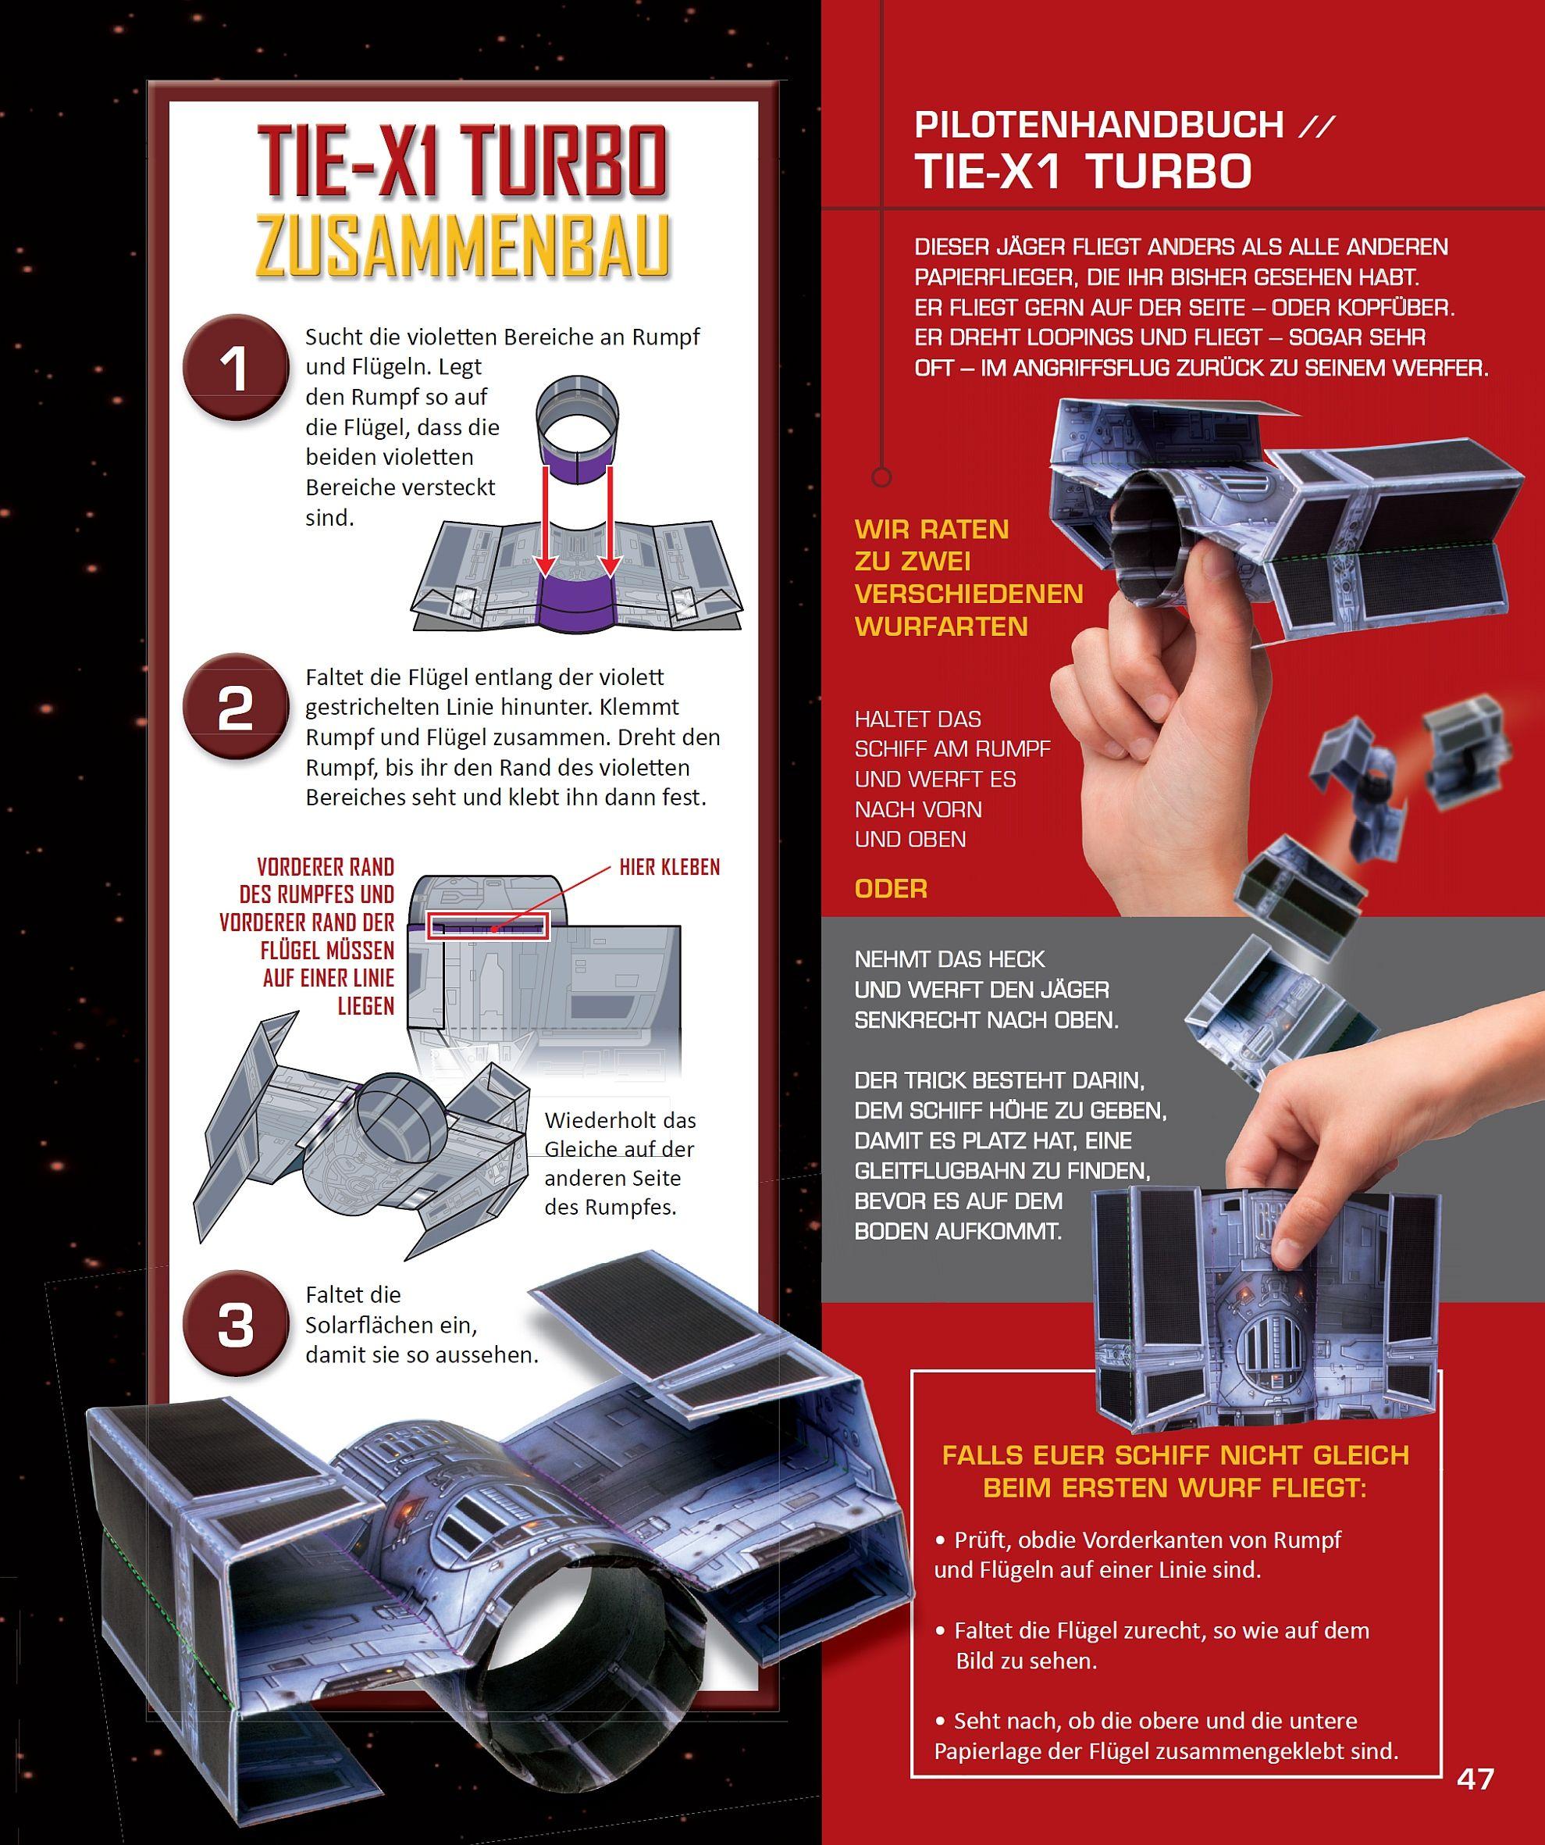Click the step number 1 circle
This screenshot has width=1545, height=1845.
[x=236, y=367]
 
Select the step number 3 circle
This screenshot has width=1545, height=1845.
[x=236, y=1324]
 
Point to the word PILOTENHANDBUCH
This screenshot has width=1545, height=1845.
[x=1098, y=126]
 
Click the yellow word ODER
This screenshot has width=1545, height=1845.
[x=891, y=888]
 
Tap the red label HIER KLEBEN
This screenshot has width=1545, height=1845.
[x=669, y=868]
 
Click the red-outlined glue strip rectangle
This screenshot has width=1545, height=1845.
[x=489, y=927]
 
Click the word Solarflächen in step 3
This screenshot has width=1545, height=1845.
[x=391, y=1325]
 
